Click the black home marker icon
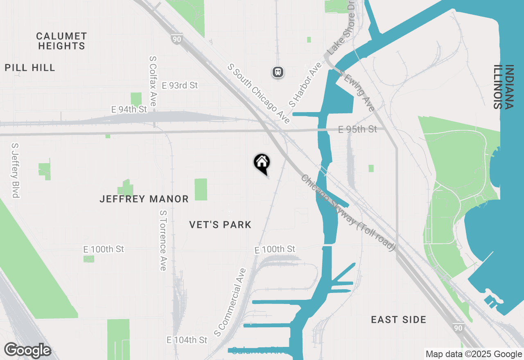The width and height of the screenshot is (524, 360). pyautogui.click(x=262, y=163)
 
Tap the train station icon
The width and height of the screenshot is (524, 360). pyautogui.click(x=278, y=72)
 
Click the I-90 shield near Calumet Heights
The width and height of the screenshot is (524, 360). pyautogui.click(x=177, y=39)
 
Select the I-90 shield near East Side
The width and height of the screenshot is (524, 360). pyautogui.click(x=458, y=327)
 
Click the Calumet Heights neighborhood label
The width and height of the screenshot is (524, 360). pyautogui.click(x=62, y=41)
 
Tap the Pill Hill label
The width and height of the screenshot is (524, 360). pyautogui.click(x=30, y=67)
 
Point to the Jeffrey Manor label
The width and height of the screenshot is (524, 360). pyautogui.click(x=144, y=199)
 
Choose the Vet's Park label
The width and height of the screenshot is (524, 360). pyautogui.click(x=220, y=225)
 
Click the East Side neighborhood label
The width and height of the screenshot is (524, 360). pyautogui.click(x=399, y=319)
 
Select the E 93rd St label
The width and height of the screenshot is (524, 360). pyautogui.click(x=180, y=85)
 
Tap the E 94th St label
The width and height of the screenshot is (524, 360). pyautogui.click(x=129, y=110)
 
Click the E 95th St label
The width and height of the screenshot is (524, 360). pyautogui.click(x=357, y=129)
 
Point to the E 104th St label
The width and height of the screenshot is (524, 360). pyautogui.click(x=187, y=340)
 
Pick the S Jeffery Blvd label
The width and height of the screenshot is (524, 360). pyautogui.click(x=16, y=170)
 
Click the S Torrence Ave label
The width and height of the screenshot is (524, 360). pyautogui.click(x=163, y=241)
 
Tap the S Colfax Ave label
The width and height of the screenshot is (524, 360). pyautogui.click(x=153, y=81)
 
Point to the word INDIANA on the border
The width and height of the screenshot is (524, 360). pyautogui.click(x=509, y=87)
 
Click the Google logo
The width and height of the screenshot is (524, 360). pyautogui.click(x=27, y=351)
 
